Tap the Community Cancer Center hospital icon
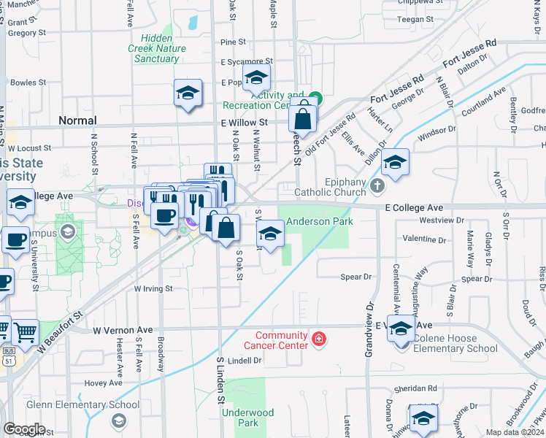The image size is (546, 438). coord(318,339)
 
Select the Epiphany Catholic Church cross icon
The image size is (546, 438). coord(377,185)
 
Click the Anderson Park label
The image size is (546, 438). coord(320,221)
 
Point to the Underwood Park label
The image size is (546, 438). coord(248,418)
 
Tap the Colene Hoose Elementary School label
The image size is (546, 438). coord(455,343)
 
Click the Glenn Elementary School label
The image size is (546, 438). coord(82,404)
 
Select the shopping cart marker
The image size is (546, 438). coord(26,333)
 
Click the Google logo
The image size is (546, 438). coord(24,429)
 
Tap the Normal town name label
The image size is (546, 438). coord(77,120)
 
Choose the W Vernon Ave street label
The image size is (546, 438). coord(123,330)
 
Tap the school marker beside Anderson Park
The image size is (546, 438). coord(270,234)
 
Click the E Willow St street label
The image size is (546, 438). coord(245,123)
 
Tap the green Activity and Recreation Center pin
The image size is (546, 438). coord(315,98)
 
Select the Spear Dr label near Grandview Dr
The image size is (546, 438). coord(356,277)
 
